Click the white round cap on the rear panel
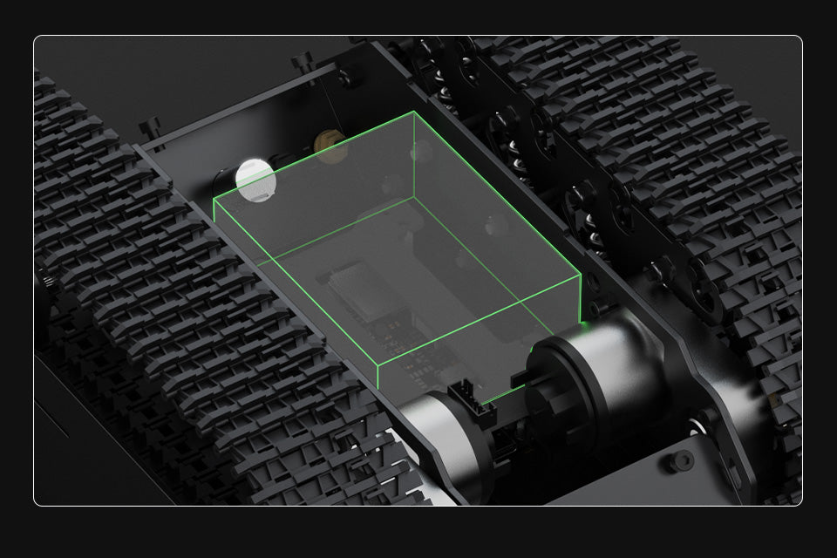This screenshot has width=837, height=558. tap(255, 179)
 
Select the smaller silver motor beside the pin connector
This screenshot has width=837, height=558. tap(440, 432)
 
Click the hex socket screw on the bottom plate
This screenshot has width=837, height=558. tap(681, 461)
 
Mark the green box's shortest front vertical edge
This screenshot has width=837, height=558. tap(378, 377)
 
